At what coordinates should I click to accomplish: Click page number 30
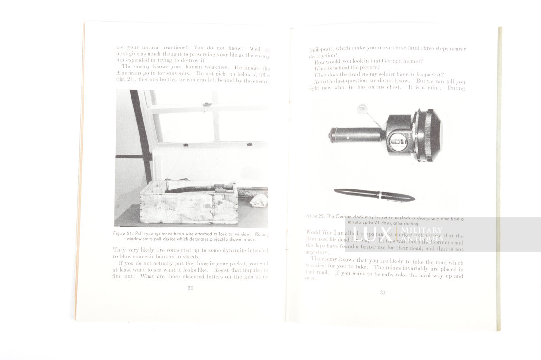point(190,288)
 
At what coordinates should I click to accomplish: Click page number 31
point(382,293)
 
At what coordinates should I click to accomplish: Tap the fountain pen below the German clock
point(374,194)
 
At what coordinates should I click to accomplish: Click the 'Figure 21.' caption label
point(123,234)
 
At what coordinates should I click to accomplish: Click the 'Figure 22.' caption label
point(315,216)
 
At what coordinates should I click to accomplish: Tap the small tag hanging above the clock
point(362,110)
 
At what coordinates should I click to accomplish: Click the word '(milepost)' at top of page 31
point(321,49)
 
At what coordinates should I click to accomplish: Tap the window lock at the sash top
point(205,104)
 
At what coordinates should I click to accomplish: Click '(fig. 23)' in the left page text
point(126,80)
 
